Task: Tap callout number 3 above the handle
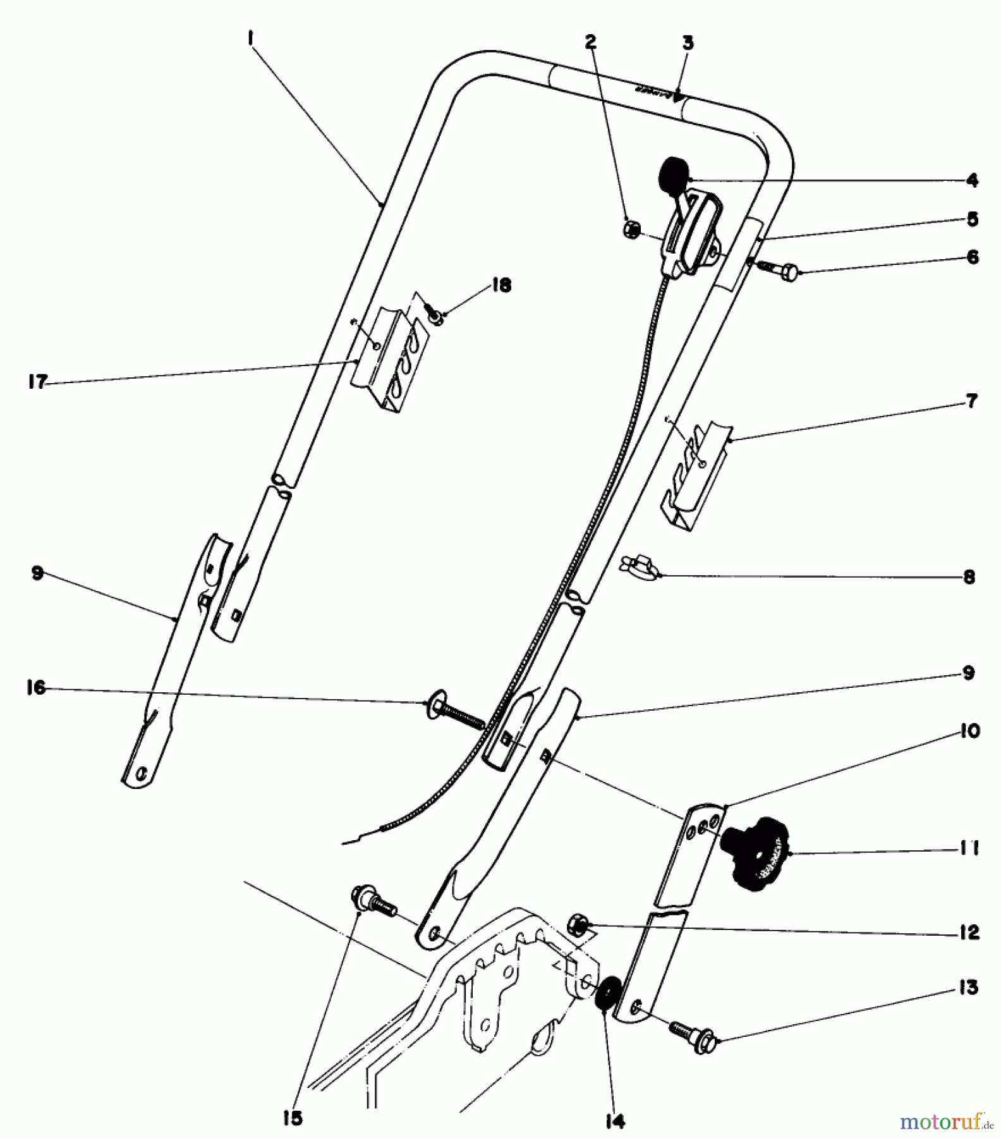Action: [688, 43]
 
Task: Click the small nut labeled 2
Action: [630, 229]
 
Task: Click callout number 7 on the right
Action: [971, 401]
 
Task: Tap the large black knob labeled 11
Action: [757, 854]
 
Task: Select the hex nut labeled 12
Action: [578, 925]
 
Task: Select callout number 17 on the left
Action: [38, 382]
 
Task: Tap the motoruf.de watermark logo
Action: [942, 1122]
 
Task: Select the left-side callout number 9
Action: [37, 573]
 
